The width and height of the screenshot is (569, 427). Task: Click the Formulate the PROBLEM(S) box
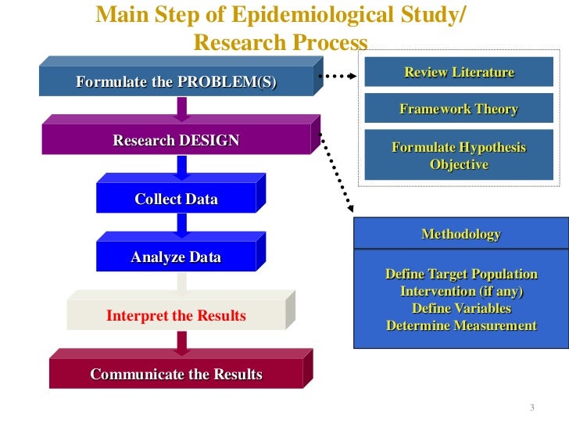point(176,81)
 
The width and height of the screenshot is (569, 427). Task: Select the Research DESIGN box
point(177,141)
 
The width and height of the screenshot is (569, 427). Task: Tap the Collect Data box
point(177,199)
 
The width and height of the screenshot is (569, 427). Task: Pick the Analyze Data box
point(177,257)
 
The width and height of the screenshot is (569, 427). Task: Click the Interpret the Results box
point(177,316)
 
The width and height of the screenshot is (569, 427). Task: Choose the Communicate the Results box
point(177,374)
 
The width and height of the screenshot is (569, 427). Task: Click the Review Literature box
point(459,73)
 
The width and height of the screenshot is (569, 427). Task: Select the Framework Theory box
point(459,109)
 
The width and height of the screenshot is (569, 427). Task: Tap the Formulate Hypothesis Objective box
point(459,156)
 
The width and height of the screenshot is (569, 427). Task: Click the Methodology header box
point(460,234)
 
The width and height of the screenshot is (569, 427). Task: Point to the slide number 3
point(531,408)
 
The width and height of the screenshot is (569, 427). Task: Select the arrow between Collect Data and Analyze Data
point(181,227)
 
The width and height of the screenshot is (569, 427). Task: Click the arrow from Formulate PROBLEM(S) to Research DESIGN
point(181,109)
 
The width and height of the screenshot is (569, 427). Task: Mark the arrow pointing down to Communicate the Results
point(181,343)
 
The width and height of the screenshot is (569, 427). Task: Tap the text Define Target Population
point(461,274)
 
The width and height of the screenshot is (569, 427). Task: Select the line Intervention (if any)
point(461,292)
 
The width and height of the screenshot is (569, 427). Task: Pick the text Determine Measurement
point(461,326)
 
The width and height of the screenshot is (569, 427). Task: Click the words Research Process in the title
point(280,42)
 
